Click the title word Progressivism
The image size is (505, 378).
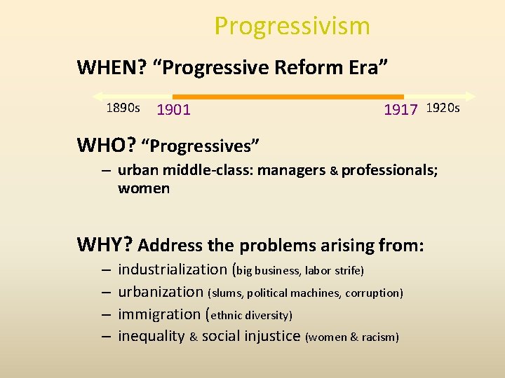(x=292, y=26)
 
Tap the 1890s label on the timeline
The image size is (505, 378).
(x=123, y=108)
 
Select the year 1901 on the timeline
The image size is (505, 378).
(x=173, y=109)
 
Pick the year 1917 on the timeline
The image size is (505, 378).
(x=400, y=109)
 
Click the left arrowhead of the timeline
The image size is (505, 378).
(x=97, y=97)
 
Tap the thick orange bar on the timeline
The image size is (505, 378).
(x=288, y=97)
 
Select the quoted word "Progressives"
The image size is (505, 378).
(x=201, y=146)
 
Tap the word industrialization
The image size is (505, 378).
(x=172, y=269)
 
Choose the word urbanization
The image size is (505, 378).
(x=161, y=292)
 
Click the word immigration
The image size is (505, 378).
(x=159, y=314)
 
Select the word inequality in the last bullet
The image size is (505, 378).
(x=151, y=337)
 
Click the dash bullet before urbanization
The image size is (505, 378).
(x=105, y=292)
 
